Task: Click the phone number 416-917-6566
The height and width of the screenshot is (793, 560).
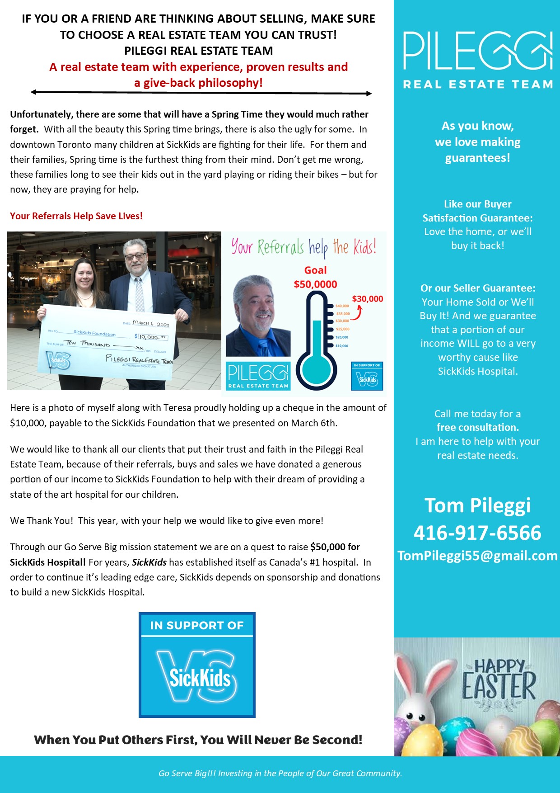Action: point(477,533)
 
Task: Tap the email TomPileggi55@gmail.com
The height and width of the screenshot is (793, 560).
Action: point(477,556)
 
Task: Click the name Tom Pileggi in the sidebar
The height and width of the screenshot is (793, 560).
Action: point(477,505)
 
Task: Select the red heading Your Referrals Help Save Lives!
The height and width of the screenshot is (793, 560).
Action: point(76,216)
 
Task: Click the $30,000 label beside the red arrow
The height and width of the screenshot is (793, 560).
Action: point(367,299)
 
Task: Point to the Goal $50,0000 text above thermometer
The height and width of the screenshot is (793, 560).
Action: point(315,277)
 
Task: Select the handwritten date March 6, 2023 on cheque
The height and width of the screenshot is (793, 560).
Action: point(150,324)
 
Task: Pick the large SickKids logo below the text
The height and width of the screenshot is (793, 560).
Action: point(197,665)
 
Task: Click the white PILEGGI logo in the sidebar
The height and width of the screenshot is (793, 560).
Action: point(477,51)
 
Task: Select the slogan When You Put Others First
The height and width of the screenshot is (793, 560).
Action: point(198,740)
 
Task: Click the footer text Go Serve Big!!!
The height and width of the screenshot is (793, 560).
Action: point(187,774)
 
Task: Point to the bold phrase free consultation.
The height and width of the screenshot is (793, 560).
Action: point(477,427)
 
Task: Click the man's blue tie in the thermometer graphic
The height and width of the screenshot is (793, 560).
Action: point(263,345)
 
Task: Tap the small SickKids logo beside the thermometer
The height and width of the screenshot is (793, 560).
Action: point(367,377)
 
